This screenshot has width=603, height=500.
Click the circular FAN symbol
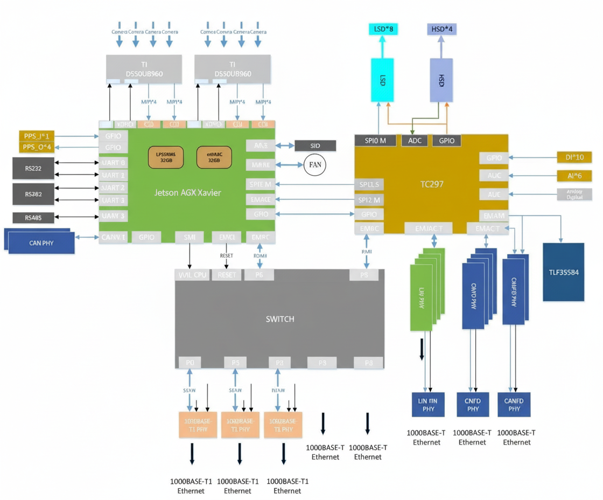[315, 164]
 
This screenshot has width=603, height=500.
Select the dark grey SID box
[315, 146]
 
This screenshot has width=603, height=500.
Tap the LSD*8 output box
[383, 29]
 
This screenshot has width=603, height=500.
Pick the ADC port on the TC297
[415, 141]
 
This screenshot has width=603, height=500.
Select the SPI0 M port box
[375, 141]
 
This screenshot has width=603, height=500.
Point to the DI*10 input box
[574, 157]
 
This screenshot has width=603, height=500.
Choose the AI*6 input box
[574, 176]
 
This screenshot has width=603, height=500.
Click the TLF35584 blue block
[563, 272]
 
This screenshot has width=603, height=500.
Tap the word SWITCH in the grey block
[280, 319]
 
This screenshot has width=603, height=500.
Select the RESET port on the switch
[227, 275]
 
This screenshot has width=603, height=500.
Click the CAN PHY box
[41, 243]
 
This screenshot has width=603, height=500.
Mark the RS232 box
[33, 169]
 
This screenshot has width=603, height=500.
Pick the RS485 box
[33, 218]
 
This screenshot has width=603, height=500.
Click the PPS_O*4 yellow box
[36, 148]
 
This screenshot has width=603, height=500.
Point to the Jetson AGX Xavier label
[187, 193]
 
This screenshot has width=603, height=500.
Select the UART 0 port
[114, 163]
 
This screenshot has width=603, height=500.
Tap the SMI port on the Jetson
[190, 237]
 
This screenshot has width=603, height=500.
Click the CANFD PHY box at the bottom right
[514, 405]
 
